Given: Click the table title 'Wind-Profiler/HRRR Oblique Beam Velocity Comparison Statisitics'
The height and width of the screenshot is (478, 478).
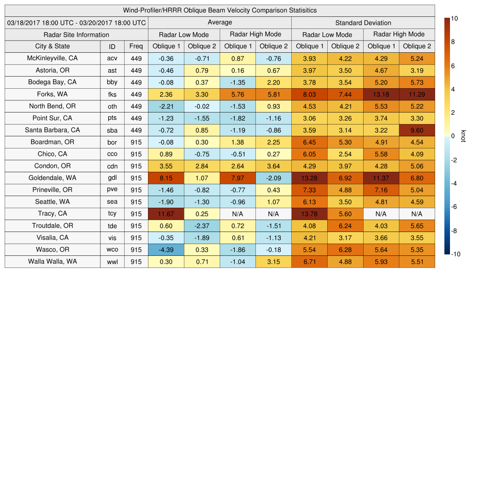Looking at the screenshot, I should [x=220, y=10].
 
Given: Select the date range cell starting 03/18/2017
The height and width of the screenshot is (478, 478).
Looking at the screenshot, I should [x=77, y=22].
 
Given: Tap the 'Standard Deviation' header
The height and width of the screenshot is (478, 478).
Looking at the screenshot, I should [x=363, y=22].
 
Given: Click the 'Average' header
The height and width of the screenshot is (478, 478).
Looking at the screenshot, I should [x=220, y=22].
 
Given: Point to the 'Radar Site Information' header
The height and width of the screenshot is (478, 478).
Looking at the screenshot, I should [x=77, y=35].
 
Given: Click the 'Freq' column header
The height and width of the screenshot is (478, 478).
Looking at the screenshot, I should [x=136, y=46].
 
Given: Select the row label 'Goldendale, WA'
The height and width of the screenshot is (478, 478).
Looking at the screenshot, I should [x=52, y=178].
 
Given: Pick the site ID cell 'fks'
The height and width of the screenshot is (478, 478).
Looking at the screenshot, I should [x=112, y=94].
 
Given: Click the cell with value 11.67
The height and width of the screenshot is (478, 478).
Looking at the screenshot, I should [x=166, y=214].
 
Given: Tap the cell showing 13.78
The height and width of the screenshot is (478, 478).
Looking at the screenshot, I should [x=309, y=214].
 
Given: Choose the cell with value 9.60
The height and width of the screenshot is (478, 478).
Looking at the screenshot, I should [x=417, y=130].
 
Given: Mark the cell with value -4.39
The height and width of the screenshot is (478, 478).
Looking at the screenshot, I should [x=166, y=250].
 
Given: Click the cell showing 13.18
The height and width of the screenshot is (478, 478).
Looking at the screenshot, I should [x=381, y=94].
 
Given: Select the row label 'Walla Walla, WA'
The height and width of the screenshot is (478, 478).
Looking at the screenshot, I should [x=52, y=261].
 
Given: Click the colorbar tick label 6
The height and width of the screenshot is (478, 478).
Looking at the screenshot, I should [x=453, y=66].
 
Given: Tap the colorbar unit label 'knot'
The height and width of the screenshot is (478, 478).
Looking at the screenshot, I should [x=464, y=136].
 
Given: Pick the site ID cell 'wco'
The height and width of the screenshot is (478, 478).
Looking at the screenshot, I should [x=112, y=250].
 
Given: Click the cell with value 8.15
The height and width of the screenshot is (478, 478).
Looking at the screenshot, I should [x=166, y=178].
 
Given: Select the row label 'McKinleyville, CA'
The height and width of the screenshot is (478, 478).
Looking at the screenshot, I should [x=52, y=58].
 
